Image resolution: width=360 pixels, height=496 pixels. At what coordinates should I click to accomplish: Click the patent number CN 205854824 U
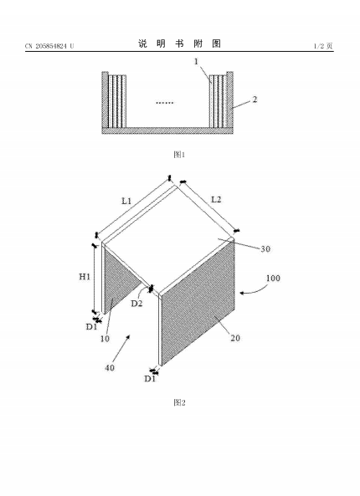pos(49,46)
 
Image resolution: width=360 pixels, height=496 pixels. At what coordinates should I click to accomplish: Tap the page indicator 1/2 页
pos(323,46)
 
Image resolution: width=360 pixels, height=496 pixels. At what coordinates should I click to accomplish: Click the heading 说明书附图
pos(179,43)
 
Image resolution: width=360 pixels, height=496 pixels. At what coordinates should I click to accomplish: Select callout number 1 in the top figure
pos(196,62)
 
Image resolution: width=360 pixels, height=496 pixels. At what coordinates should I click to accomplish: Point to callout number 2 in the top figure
pos(255,100)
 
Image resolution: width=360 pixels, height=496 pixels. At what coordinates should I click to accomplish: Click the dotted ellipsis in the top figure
pos(165,103)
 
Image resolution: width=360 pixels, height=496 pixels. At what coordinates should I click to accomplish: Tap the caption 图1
pos(179,155)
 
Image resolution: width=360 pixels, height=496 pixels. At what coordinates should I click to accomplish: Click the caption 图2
pos(179,402)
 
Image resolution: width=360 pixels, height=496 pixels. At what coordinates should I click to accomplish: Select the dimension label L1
pos(126,201)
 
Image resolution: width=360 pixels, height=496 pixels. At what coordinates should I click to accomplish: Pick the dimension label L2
pos(216,200)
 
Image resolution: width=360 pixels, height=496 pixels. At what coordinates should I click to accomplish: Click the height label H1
pos(85,277)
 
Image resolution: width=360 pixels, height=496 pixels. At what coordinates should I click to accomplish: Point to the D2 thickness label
pos(136,304)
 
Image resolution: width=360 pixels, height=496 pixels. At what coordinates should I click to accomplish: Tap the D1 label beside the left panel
pos(91,327)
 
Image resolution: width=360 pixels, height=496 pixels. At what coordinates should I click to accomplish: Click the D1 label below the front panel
pos(150,379)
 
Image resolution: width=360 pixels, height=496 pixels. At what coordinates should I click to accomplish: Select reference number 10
pos(105,339)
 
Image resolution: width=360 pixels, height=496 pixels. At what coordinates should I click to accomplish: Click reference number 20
pos(235,338)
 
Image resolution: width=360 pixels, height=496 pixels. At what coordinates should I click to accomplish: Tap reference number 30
pos(265,249)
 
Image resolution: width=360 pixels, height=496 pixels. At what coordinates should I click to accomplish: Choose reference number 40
pos(110,368)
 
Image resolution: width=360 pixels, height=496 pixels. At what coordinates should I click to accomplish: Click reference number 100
pos(273,279)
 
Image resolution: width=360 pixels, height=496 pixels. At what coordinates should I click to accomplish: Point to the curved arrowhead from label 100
pos(242,294)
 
